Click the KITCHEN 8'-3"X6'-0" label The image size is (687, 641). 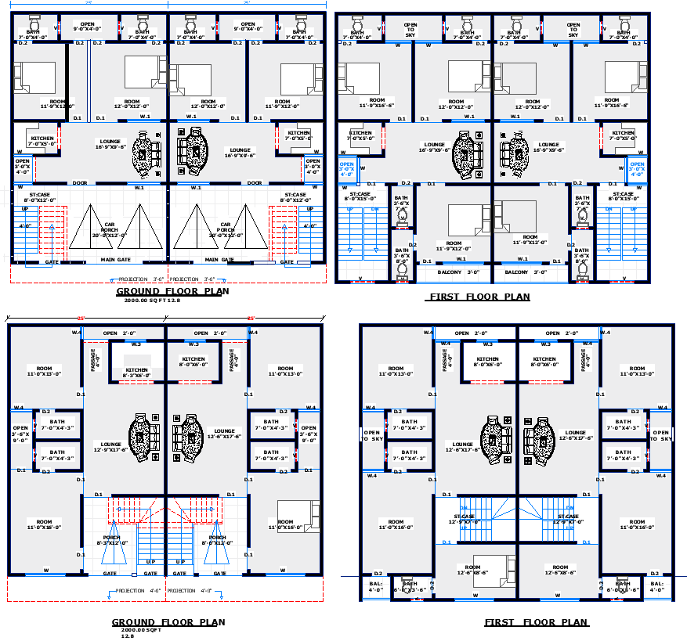pos(137,373)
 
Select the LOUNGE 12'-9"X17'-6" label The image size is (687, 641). pos(107,447)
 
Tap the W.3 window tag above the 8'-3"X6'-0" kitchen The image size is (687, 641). pos(136,344)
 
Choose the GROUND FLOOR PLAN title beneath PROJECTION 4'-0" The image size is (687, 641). pos(168,622)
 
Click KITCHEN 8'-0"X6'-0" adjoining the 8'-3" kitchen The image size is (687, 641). pos(193,362)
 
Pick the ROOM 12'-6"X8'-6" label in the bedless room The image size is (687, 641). pos(559,570)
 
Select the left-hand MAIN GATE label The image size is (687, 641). pos(116,260)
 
